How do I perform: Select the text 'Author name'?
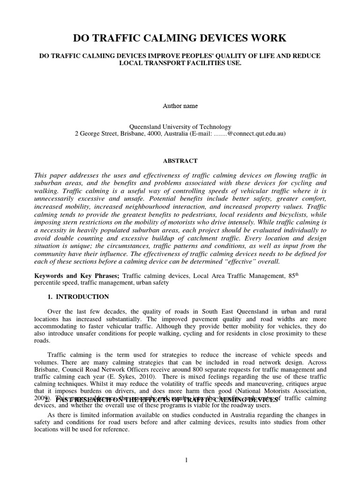[x=180, y=106]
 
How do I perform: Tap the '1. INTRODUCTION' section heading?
[x=79, y=297]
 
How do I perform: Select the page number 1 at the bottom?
[x=186, y=460]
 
